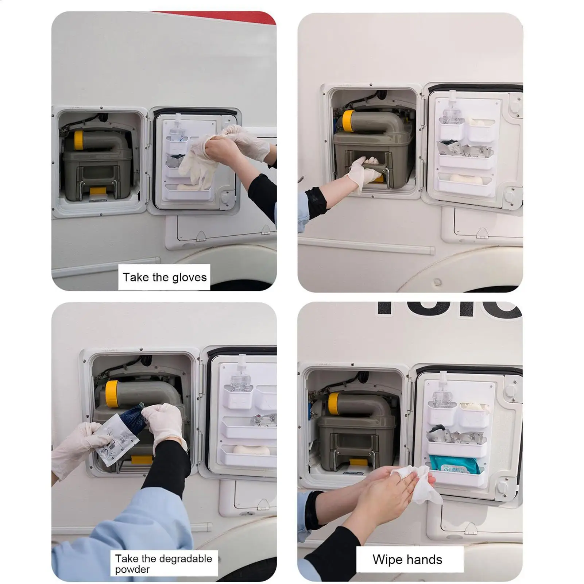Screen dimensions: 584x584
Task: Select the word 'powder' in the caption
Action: [x=132, y=569]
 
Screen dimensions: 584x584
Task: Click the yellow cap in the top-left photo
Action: [x=78, y=140]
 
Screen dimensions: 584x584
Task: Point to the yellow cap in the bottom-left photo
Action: [x=112, y=393]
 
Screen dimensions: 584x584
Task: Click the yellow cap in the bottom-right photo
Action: [x=334, y=403]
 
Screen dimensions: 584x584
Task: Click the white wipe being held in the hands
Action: [x=415, y=483]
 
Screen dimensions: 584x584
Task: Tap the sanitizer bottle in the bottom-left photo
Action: [x=239, y=379]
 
